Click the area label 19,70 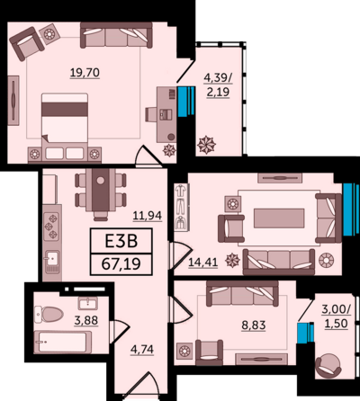coord(85,73)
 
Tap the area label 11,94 coord(148,216)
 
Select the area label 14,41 coord(202,263)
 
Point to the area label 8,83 coord(254,325)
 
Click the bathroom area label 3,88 coord(86,320)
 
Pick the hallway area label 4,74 coord(142,350)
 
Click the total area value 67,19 coord(121,264)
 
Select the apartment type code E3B coord(121,241)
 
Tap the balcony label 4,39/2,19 coord(218,85)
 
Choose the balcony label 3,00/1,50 coord(336,316)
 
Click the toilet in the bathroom coord(49,315)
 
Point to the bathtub coord(62,342)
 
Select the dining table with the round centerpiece coord(101,192)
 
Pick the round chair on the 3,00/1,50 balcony coord(328,366)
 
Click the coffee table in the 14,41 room coord(279,218)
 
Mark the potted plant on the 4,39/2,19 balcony coord(206,145)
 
